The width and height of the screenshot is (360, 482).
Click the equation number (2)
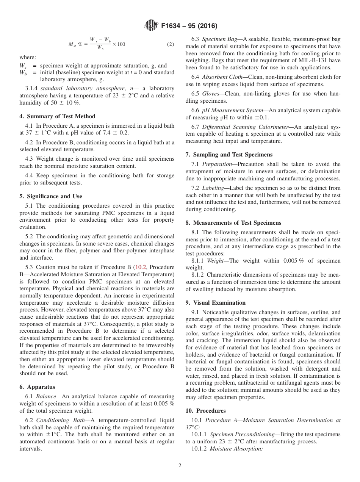(171, 44)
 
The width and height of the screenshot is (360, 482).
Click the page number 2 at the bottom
(180, 466)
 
